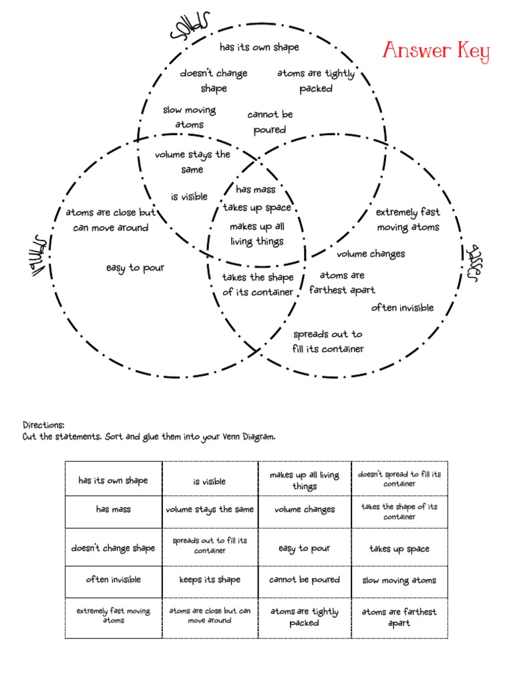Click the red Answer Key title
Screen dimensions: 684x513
(x=436, y=52)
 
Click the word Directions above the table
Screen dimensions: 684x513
(x=44, y=425)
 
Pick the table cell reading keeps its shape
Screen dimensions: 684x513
(x=210, y=580)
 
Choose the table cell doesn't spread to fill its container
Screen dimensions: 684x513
(x=399, y=478)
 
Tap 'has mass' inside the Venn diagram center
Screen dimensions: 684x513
(x=255, y=190)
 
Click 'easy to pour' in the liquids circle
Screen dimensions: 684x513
(x=135, y=268)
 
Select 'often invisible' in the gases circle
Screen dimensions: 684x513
(x=402, y=308)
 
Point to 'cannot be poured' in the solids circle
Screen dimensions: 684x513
(x=270, y=122)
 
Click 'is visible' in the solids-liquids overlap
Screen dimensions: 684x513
(x=189, y=197)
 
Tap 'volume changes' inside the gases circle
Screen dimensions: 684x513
(x=371, y=254)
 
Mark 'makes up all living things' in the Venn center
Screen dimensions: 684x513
(x=257, y=234)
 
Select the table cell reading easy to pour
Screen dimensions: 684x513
(x=304, y=548)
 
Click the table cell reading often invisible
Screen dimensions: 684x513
(x=113, y=580)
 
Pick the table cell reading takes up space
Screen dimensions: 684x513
(x=399, y=548)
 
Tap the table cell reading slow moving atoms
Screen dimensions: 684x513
(x=399, y=580)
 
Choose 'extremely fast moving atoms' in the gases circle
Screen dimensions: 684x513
(x=408, y=220)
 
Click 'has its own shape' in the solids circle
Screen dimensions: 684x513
(x=259, y=47)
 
